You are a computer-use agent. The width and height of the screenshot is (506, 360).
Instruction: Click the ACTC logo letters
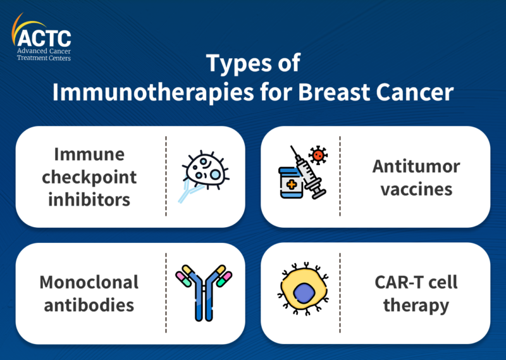pos(44,39)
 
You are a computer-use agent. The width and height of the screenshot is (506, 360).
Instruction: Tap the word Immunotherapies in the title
pos(153,92)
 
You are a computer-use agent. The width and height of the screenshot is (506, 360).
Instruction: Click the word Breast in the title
pos(334,92)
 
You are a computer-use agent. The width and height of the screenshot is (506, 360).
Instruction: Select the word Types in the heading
pos(239,63)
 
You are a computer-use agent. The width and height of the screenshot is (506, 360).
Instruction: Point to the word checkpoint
pos(89,178)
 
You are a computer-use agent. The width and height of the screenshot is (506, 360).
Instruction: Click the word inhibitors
pos(89,199)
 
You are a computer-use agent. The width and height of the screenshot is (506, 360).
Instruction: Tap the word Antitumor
pos(416,166)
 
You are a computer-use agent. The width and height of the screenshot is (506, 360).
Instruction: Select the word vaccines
pos(416,190)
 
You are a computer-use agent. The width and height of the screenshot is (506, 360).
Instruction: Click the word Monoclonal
pos(89,282)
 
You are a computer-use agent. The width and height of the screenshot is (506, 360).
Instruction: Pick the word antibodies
pos(89,305)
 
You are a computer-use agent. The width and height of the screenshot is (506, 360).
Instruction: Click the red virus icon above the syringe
pos(318,155)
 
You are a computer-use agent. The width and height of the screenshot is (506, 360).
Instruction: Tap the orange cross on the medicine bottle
pos(292,185)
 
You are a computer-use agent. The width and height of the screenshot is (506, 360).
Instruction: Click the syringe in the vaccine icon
pos(309,173)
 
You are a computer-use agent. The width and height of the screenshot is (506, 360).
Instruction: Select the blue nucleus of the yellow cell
pos(304,293)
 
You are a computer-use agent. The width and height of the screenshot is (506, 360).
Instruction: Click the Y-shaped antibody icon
pos(204,292)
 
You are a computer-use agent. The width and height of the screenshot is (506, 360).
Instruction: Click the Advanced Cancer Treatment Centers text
pos(44,54)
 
